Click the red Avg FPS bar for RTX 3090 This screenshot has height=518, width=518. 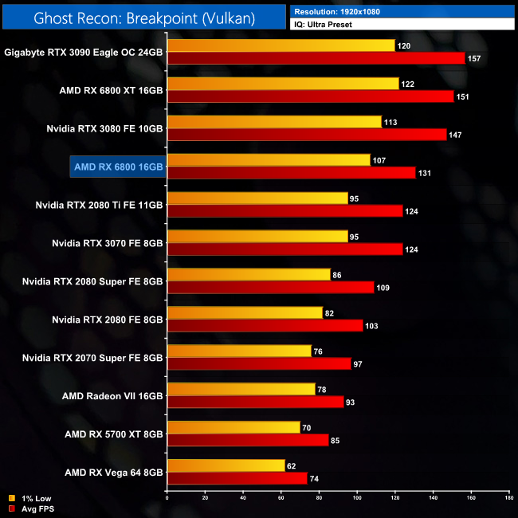(x=316, y=58)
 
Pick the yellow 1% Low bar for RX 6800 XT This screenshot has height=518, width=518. (x=282, y=84)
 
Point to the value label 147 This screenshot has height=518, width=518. (x=455, y=135)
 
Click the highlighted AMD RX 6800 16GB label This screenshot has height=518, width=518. (x=117, y=167)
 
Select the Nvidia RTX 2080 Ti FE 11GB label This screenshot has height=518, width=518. (x=99, y=205)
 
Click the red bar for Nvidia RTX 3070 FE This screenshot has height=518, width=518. (x=285, y=249)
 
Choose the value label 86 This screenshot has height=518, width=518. (x=338, y=275)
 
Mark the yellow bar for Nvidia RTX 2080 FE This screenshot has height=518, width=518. (x=245, y=313)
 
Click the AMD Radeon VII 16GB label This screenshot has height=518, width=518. (x=112, y=396)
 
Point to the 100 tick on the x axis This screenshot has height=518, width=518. (x=357, y=499)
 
